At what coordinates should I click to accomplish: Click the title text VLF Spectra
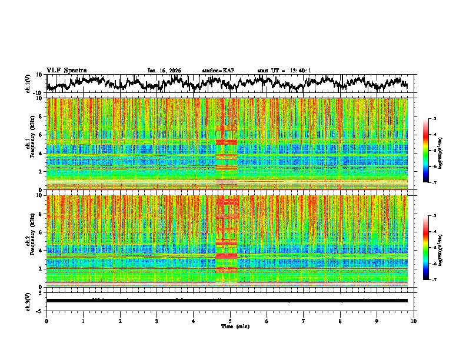pos(66,70)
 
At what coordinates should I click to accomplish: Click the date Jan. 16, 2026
pos(164,71)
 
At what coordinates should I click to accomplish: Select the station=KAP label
pos(218,71)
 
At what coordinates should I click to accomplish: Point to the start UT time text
pos(284,71)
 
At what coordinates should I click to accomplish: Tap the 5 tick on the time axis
pos(230,321)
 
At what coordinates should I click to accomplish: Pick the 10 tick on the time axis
pos(414,321)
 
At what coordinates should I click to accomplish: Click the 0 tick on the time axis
pos(46,321)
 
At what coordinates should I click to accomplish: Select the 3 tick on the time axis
pos(157,321)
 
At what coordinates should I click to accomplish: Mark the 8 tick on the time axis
pos(340,321)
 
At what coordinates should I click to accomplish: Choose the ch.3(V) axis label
pos(28,300)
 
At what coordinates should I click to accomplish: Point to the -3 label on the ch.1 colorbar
pos(434,119)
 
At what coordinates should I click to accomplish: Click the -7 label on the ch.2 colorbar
pos(434,280)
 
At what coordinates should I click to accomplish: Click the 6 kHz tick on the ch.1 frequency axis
pos(41,135)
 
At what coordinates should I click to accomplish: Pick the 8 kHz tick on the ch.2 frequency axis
pos(41,214)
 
